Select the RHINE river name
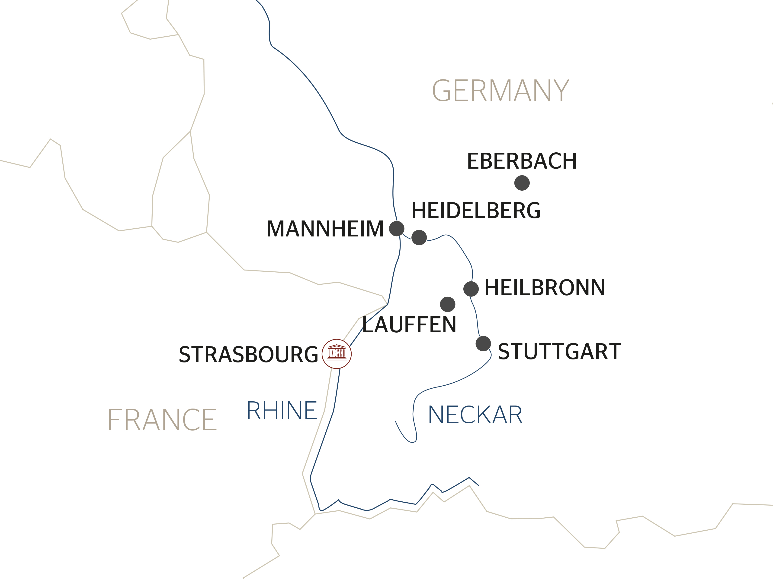click(x=282, y=411)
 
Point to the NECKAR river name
click(x=475, y=415)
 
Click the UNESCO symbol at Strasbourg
click(x=337, y=354)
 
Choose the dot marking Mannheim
click(x=397, y=229)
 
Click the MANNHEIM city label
click(x=325, y=229)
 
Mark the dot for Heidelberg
click(x=419, y=238)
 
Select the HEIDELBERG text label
click(x=476, y=211)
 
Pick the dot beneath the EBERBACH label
click(x=522, y=183)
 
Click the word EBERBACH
click(x=522, y=161)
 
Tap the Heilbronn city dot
click(x=471, y=289)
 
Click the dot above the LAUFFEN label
click(x=447, y=304)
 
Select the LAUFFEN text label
click(x=409, y=325)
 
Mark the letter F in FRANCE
click(x=114, y=420)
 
